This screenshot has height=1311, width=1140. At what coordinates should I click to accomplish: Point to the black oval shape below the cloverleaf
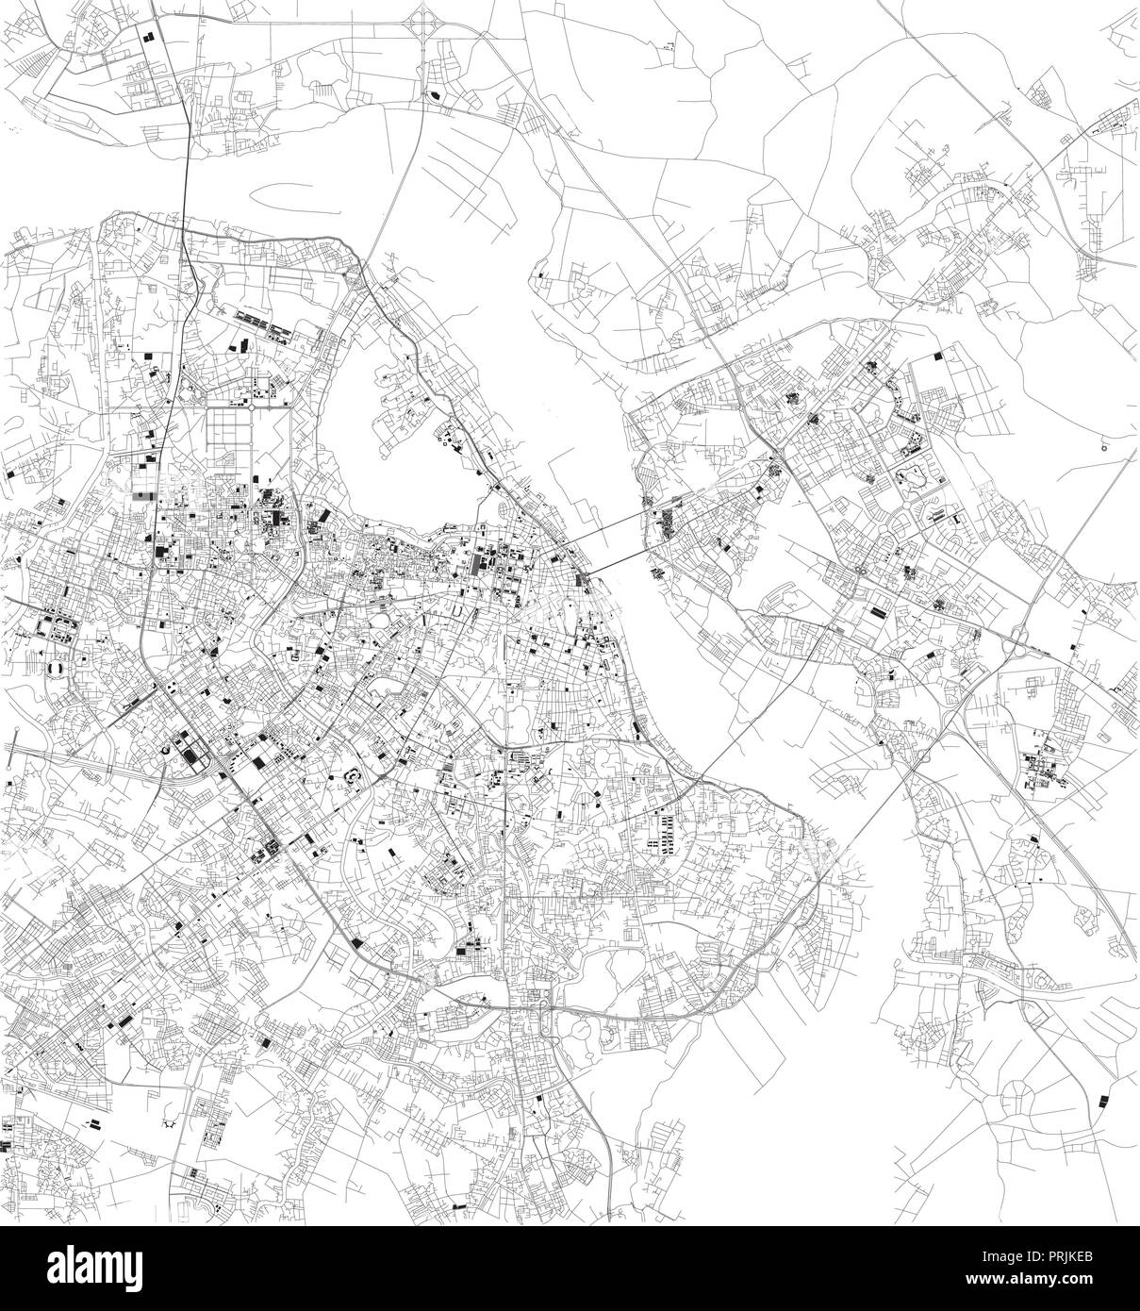click(435, 94)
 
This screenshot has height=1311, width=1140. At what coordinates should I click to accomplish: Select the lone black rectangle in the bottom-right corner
click(1100, 1099)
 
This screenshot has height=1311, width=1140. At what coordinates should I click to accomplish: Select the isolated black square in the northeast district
click(936, 357)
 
